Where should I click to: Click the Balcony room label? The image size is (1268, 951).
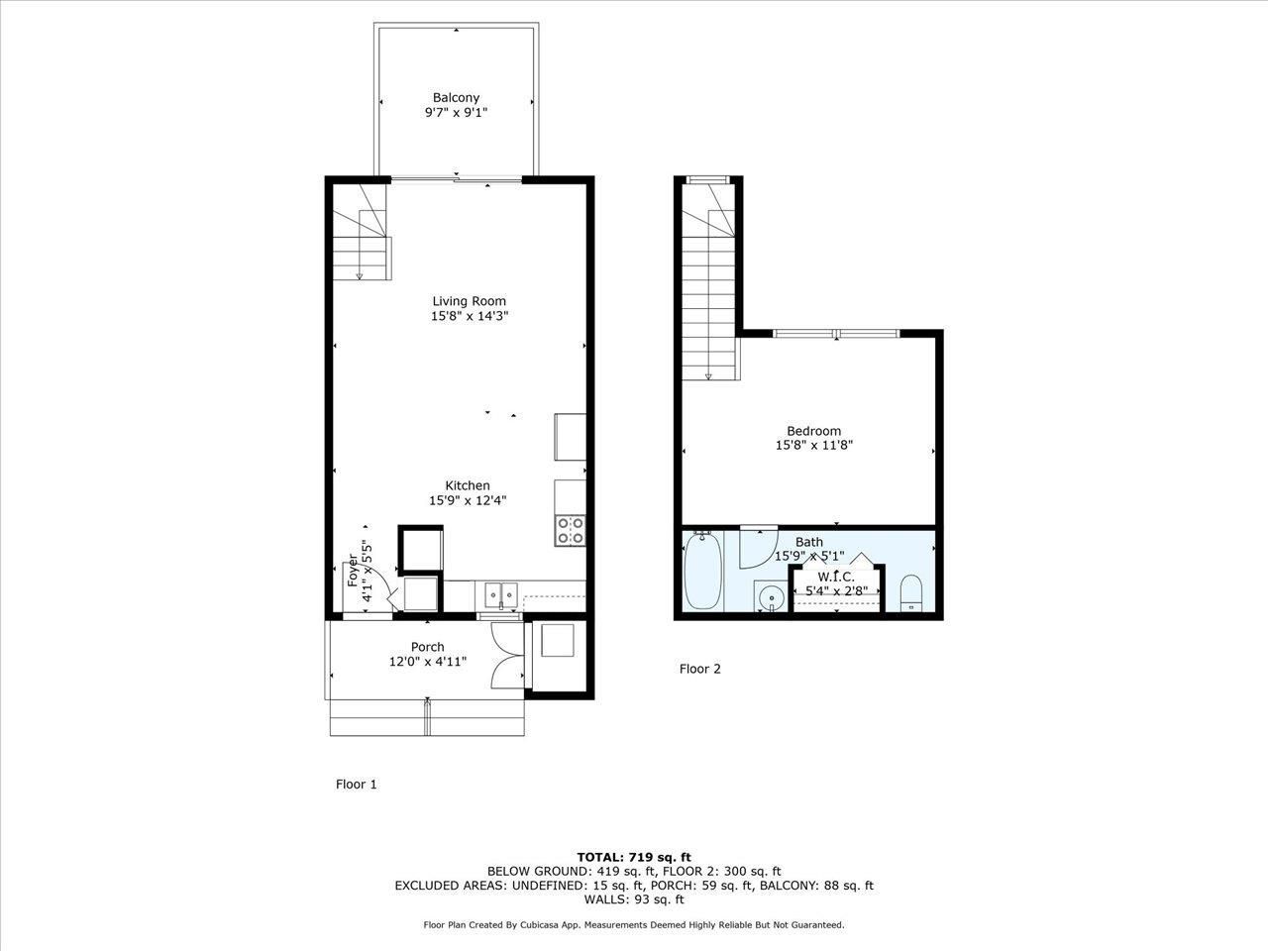(x=456, y=97)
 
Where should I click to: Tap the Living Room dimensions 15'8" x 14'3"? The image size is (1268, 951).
(x=469, y=316)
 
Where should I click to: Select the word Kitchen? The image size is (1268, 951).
(x=467, y=485)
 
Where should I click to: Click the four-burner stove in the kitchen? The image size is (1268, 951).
(x=570, y=530)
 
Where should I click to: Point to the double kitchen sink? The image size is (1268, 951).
(x=502, y=594)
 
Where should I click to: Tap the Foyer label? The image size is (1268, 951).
(x=352, y=572)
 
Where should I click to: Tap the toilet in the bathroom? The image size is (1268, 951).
(x=910, y=592)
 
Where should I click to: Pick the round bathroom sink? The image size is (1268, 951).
(x=771, y=597)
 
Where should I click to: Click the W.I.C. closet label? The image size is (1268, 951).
(x=835, y=577)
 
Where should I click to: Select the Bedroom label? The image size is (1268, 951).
(x=813, y=431)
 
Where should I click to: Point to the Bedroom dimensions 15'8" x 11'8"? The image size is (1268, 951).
(x=813, y=446)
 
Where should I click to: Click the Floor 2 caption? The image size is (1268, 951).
(x=699, y=669)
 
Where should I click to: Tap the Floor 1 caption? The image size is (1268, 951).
(x=356, y=785)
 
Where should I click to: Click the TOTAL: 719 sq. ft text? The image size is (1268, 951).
(x=634, y=857)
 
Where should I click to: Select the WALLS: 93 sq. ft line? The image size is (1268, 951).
(x=634, y=899)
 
